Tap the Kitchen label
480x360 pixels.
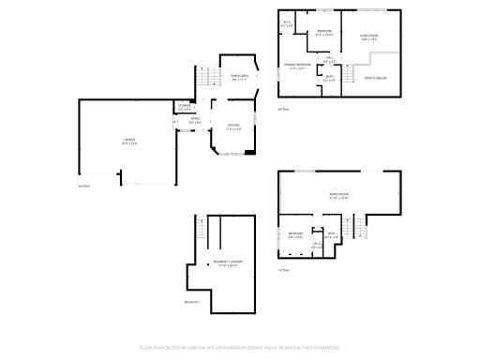point(233,127)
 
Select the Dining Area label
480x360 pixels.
point(240,78)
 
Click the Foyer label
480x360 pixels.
point(195,119)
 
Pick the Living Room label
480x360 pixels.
point(368,38)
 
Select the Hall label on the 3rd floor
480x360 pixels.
point(329,61)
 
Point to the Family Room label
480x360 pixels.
point(338,197)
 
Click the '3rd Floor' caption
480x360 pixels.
point(283,109)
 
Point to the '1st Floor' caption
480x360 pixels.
point(283,270)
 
